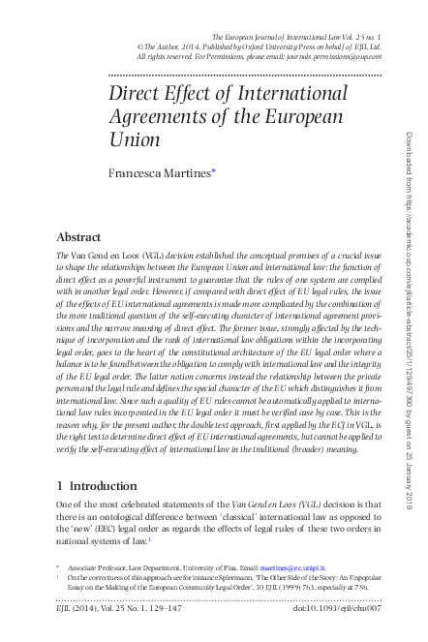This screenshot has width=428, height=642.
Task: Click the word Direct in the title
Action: (x=134, y=96)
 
